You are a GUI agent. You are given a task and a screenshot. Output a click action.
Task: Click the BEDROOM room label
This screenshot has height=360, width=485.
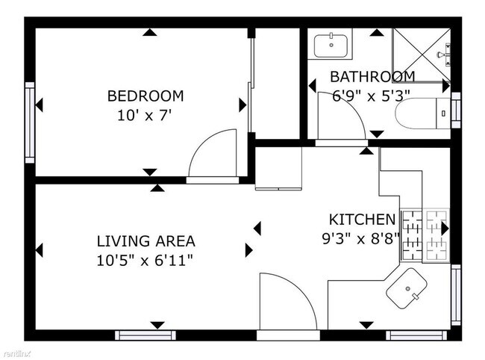pos(145,96)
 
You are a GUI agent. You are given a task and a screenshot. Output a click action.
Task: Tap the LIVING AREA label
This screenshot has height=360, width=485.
pos(146,241)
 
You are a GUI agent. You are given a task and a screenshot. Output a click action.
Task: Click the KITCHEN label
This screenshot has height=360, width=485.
pos(362,220)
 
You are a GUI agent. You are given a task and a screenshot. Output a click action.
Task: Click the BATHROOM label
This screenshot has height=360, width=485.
pos(372,77)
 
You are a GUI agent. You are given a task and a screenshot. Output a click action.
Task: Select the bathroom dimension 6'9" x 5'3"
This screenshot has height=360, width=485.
pos(371,95)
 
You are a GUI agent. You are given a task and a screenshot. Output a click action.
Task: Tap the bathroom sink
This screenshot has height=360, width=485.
pos(328,46)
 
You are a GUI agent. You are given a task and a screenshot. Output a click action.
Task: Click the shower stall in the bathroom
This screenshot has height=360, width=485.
pos(422,55)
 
